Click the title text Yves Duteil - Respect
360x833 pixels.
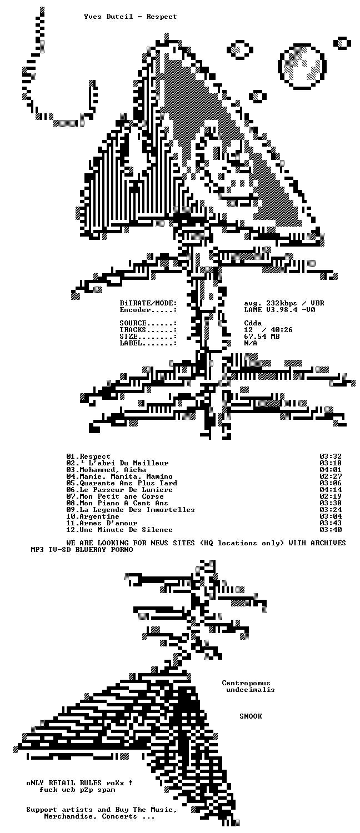coord(131,16)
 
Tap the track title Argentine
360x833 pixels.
coord(99,516)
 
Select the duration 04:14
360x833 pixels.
coord(330,489)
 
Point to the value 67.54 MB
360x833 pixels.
coord(262,336)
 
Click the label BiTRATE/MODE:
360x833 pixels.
coord(148,303)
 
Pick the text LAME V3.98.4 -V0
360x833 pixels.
coord(279,310)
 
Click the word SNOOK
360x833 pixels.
coord(251,716)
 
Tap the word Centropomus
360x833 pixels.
coord(246,683)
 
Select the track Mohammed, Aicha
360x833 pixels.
coord(113,469)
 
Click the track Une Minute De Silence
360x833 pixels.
coord(126,530)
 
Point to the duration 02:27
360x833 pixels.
coord(330,476)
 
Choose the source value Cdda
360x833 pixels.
coord(253,323)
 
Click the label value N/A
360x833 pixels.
coord(251,343)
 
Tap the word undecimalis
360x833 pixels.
coord(251,690)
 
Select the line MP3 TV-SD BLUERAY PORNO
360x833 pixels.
coord(82,549)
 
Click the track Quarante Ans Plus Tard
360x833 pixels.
coord(128,483)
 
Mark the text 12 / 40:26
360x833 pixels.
coord(268,329)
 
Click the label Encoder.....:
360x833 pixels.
coord(148,310)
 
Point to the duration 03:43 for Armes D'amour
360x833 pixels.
coord(330,523)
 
